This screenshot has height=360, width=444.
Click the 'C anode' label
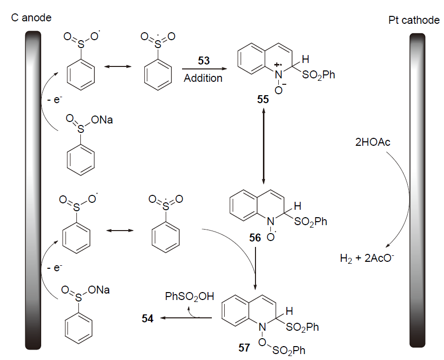[31, 18]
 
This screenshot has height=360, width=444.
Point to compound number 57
[244, 348]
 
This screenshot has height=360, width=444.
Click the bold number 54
[147, 319]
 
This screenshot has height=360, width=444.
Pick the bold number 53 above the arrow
[203, 61]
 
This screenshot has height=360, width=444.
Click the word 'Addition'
[203, 78]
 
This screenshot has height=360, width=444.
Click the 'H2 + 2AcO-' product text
[367, 258]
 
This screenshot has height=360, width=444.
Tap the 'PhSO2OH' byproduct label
[190, 297]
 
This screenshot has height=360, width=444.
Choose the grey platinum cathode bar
[417, 188]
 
